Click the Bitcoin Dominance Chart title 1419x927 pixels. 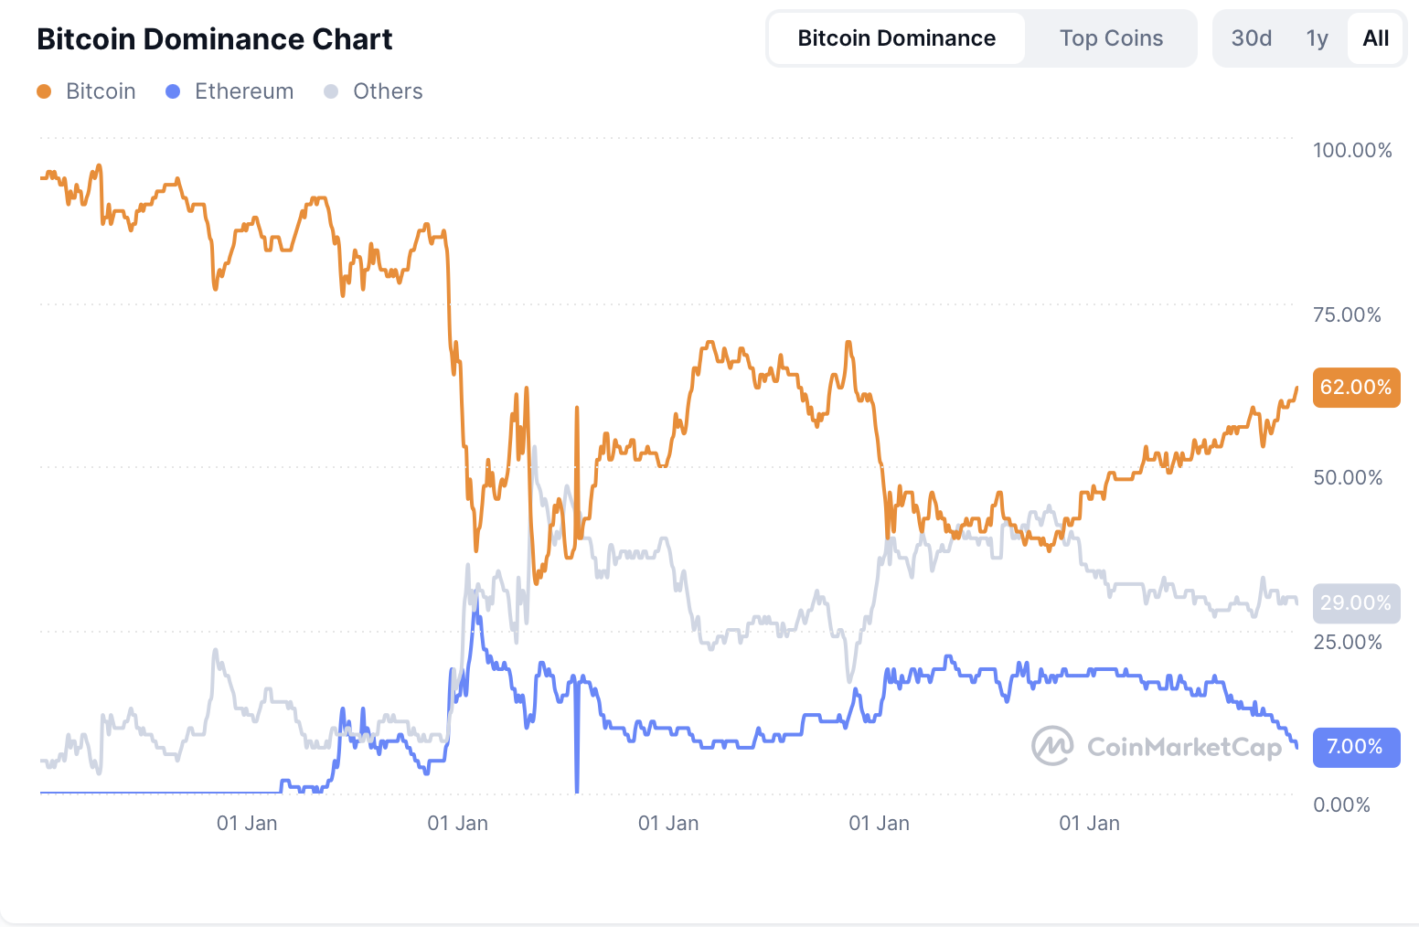tap(214, 39)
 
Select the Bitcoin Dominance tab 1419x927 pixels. tap(896, 38)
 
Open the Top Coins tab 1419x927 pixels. tap(1111, 38)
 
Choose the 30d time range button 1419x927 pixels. tap(1251, 38)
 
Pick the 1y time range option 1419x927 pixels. tap(1317, 38)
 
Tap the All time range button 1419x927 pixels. tap(1375, 38)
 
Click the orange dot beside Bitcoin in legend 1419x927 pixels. tap(44, 91)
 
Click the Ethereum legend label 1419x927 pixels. tap(244, 91)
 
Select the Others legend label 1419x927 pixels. tap(388, 91)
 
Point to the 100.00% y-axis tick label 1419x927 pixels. tap(1352, 150)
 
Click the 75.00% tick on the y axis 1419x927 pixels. tap(1347, 314)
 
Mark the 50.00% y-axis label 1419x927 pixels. tap(1347, 477)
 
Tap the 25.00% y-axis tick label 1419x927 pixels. tap(1347, 642)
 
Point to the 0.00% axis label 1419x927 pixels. tap(1341, 804)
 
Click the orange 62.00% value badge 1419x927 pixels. tap(1356, 388)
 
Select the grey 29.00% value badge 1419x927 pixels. tap(1356, 603)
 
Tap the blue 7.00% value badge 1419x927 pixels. tap(1356, 747)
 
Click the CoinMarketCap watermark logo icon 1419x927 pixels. tap(1052, 746)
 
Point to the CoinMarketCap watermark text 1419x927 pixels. tap(1184, 747)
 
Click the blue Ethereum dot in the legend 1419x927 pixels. tap(173, 91)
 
